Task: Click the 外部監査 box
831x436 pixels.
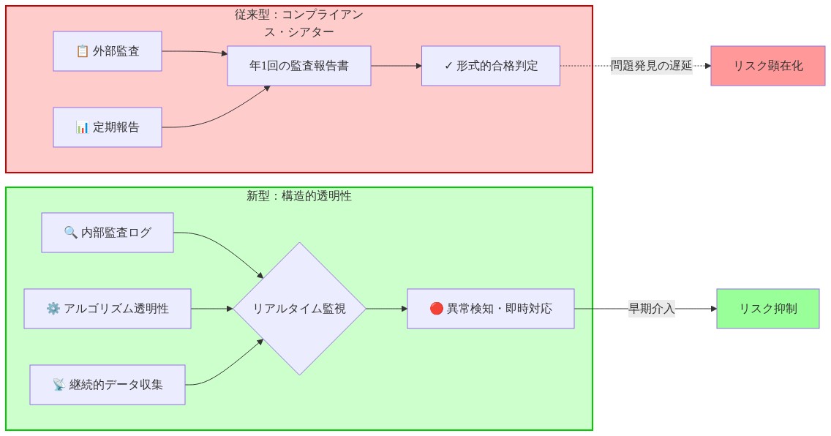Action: (108, 51)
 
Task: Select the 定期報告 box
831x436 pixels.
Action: (108, 127)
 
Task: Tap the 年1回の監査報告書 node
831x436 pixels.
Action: (298, 66)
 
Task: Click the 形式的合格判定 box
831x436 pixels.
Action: (490, 66)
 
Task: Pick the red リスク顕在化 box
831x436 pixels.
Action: (767, 66)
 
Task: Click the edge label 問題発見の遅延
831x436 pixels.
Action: (651, 66)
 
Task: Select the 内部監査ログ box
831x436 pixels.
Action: (108, 233)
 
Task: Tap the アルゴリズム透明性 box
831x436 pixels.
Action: (108, 309)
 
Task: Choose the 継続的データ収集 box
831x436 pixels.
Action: (108, 385)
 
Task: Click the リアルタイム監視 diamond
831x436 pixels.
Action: (298, 309)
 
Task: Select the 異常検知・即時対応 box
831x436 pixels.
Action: (490, 309)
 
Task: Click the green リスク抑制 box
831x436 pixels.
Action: (767, 309)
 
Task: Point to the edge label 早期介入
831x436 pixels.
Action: (651, 309)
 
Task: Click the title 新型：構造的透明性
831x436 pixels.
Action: (298, 196)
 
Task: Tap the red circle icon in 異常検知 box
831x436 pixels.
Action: (437, 309)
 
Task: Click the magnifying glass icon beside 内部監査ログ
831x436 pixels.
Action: (71, 233)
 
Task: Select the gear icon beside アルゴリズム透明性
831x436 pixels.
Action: (53, 309)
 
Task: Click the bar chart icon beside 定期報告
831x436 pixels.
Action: (83, 127)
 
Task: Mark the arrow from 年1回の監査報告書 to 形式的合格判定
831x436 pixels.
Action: (396, 66)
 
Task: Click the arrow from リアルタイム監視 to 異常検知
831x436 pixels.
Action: (386, 309)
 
